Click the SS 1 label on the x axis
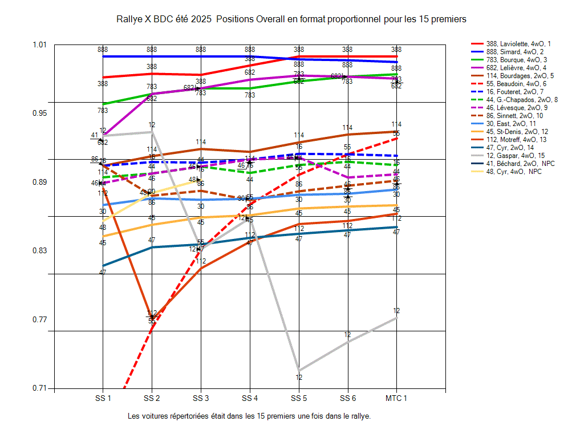[x=103, y=398]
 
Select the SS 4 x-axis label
[x=249, y=398]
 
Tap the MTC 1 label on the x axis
[x=396, y=398]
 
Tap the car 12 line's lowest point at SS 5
[x=298, y=370]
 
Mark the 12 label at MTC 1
[x=396, y=311]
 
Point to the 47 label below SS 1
[x=103, y=272]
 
